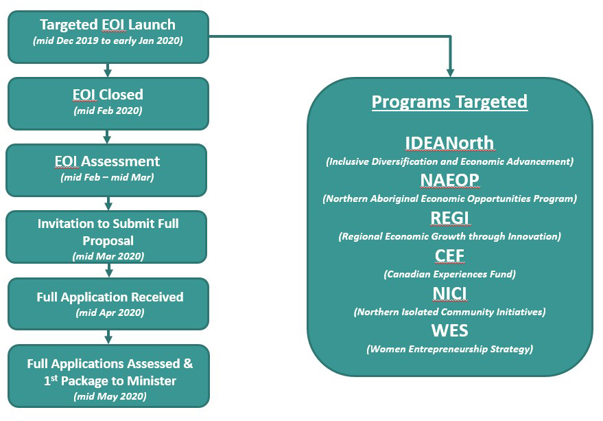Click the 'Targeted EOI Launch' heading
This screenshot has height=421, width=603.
(108, 25)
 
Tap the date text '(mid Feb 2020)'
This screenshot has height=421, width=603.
(108, 110)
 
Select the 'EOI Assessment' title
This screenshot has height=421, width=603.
(107, 161)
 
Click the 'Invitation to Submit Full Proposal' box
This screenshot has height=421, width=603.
(108, 237)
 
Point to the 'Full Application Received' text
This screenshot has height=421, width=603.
(110, 297)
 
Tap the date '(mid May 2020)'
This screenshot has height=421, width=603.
(110, 396)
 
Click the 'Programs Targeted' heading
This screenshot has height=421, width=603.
(449, 102)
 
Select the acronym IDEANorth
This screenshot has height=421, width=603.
(449, 143)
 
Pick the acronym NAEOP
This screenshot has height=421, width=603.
(449, 180)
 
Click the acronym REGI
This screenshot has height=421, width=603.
(449, 218)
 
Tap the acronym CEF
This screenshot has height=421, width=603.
(449, 255)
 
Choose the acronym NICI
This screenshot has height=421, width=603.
(449, 293)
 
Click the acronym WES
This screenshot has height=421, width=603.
(449, 330)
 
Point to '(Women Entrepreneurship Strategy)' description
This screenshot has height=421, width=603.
(449, 349)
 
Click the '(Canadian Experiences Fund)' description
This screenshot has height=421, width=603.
(449, 274)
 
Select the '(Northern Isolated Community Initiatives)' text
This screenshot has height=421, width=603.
(449, 312)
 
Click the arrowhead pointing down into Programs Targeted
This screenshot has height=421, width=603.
(450, 71)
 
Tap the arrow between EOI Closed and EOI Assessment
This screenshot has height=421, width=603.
(108, 137)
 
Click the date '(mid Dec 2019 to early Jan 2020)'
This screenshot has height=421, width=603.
(108, 41)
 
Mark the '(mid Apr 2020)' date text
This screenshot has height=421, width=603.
(110, 313)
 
